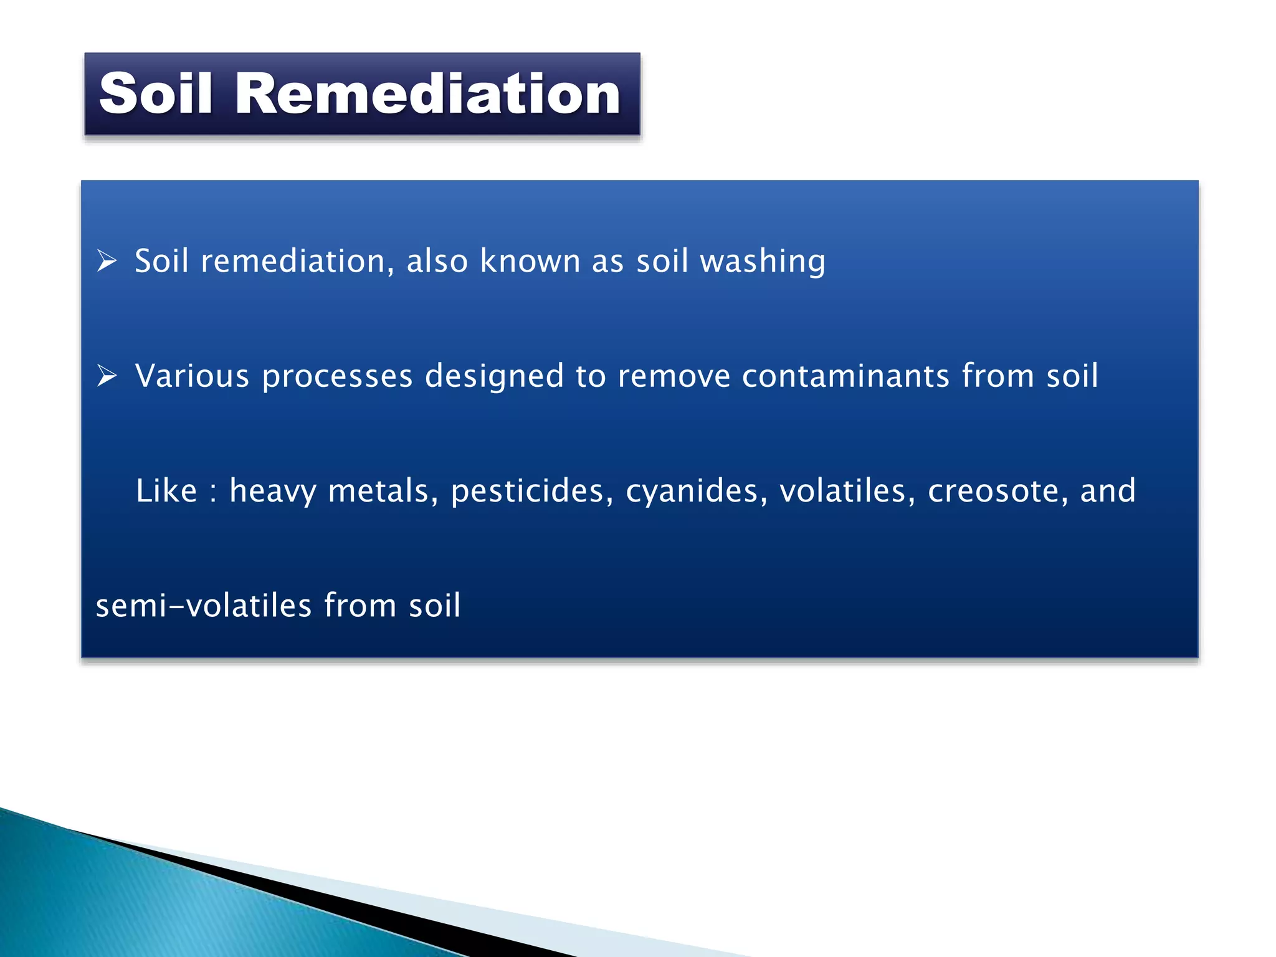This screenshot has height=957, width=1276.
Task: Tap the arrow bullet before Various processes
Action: point(107,376)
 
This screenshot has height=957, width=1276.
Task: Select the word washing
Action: point(763,262)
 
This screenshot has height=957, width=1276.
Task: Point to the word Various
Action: point(192,376)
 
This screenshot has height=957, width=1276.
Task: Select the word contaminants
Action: point(845,376)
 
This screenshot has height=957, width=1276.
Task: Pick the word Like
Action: point(166,490)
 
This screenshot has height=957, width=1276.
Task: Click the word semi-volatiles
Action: point(203,606)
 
